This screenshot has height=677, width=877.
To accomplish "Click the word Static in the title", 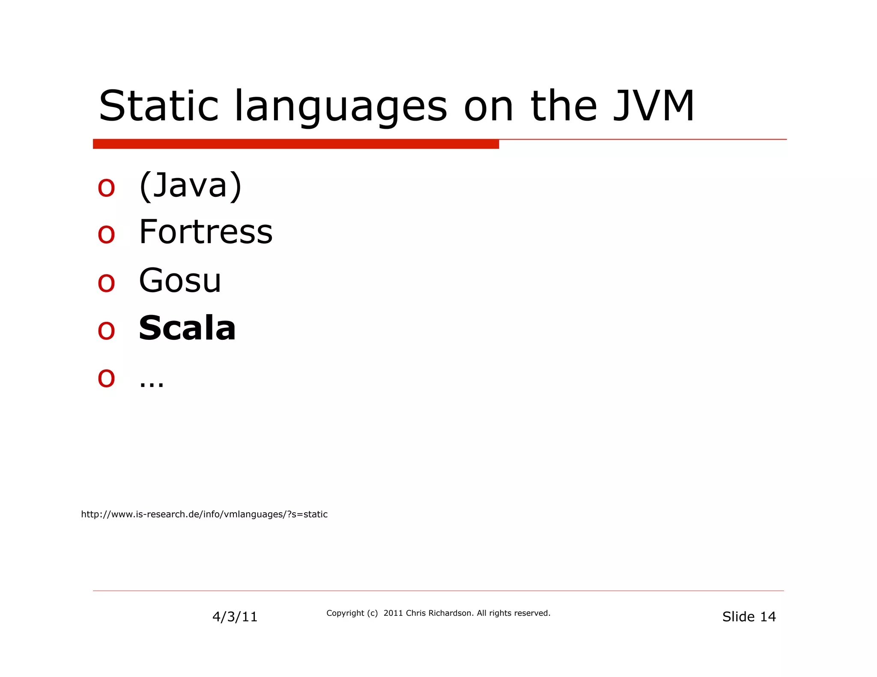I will point(158,106).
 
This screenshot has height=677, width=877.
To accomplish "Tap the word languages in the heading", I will point(340,107).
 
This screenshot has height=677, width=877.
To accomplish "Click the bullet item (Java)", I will point(191,186).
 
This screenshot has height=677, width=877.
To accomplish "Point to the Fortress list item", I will point(206,232).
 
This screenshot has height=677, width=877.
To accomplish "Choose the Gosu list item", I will point(180,280).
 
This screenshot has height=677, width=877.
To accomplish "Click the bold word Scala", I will point(187,328).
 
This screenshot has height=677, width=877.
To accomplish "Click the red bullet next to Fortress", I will point(106,234).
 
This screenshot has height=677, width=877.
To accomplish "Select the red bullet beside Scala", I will point(106,330).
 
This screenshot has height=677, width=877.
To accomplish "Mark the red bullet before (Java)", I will point(106,187).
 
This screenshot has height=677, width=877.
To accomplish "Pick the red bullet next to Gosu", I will point(106,282).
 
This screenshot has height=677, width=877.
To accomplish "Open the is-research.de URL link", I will point(204,514).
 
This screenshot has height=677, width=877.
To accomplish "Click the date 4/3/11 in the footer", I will point(235,617).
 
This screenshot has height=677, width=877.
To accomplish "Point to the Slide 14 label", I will point(749,617).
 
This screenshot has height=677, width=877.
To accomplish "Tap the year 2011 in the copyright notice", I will point(393,613).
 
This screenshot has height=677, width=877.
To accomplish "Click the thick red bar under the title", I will point(295,144).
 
